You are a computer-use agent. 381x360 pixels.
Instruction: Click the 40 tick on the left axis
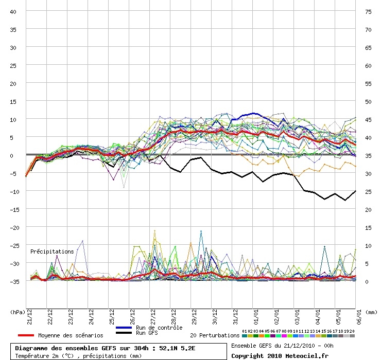point(14,12)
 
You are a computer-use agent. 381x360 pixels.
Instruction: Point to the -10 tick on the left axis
point(14,191)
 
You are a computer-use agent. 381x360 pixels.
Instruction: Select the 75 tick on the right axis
point(368,12)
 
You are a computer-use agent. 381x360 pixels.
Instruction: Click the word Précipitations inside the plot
point(52,251)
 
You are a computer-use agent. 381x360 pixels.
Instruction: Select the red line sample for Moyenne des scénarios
point(22,335)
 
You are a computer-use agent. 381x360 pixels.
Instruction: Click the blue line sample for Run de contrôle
point(125,328)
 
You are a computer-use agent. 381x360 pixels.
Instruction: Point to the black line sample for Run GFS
point(125,333)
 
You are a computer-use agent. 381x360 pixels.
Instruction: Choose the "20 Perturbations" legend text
point(214,335)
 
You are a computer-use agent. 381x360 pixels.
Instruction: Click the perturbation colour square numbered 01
point(245,336)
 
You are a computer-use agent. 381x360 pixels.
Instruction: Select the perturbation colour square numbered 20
point(352,336)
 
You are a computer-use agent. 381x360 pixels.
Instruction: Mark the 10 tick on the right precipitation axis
point(368,246)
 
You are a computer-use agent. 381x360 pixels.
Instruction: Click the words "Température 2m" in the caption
point(39,355)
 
